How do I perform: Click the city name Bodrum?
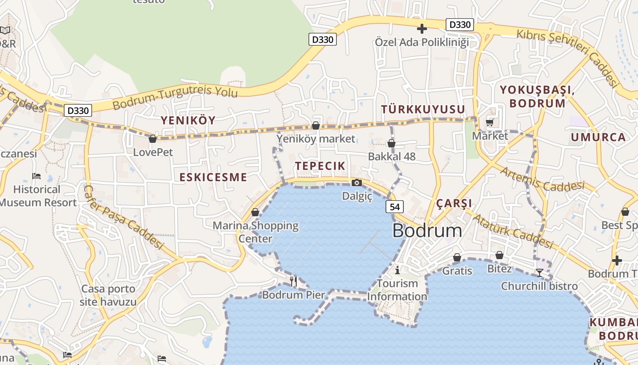click(427, 231)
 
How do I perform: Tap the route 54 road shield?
click(395, 207)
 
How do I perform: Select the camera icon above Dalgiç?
click(357, 183)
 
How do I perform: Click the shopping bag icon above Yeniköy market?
click(315, 125)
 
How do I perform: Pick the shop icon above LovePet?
click(153, 139)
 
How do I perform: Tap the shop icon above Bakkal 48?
click(391, 143)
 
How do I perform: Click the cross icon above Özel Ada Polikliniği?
click(422, 29)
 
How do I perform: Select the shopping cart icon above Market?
click(490, 122)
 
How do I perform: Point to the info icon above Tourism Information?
click(397, 270)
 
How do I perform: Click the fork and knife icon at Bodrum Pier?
click(293, 281)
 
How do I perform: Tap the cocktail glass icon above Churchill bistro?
click(540, 273)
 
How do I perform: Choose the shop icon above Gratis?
click(457, 258)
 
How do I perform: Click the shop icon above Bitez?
click(499, 255)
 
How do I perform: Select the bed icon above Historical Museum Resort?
click(36, 176)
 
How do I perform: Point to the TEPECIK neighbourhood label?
click(320, 166)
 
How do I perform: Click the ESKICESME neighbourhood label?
click(213, 177)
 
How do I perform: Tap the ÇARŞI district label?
click(454, 203)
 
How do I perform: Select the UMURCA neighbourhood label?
click(598, 137)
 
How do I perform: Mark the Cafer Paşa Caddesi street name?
click(123, 217)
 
